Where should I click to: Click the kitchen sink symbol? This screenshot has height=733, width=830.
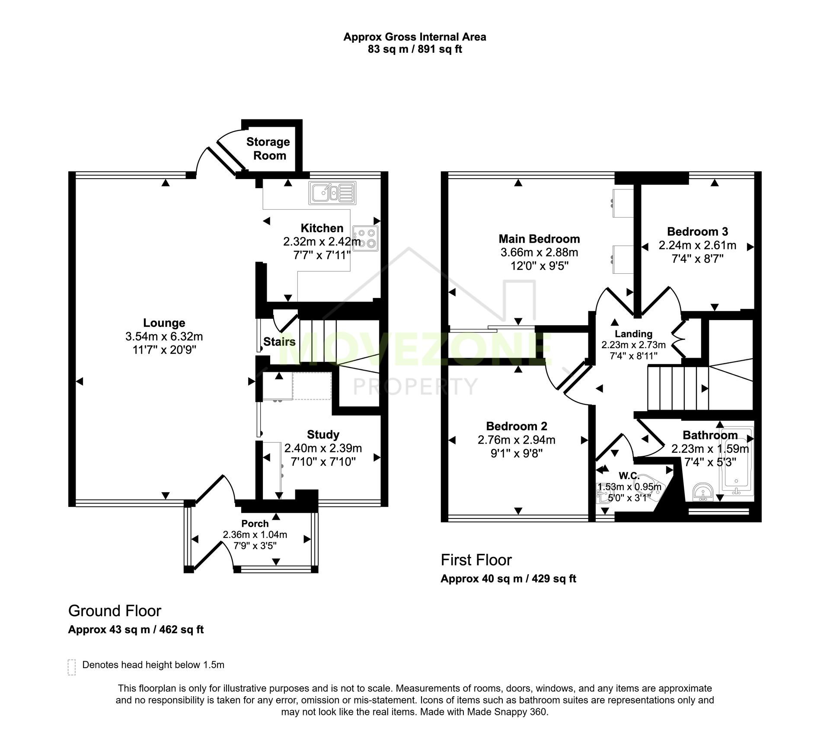[x=332, y=193]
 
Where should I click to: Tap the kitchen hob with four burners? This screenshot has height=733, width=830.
[x=366, y=238]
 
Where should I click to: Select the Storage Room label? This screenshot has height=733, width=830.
[x=268, y=148]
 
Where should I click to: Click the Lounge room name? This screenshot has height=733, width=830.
[x=164, y=323]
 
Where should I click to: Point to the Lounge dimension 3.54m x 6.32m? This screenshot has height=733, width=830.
[x=164, y=336]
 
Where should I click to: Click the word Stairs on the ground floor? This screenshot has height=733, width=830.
[x=279, y=342]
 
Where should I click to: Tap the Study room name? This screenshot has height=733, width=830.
[x=323, y=434]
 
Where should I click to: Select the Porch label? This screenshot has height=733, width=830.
[x=255, y=523]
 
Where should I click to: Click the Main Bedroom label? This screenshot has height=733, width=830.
[x=539, y=239]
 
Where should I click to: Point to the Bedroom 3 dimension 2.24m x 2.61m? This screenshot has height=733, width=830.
[x=697, y=245]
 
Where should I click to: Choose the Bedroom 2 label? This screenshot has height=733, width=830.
[x=517, y=426]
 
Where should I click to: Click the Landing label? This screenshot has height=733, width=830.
[x=633, y=334]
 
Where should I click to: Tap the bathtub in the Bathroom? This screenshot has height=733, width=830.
[x=736, y=462]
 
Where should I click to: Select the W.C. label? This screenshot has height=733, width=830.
[x=629, y=476]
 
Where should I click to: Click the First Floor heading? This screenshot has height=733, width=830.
[x=476, y=560]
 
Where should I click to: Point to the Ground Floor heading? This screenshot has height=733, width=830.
[x=115, y=611]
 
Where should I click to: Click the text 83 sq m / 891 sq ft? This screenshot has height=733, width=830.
[x=415, y=49]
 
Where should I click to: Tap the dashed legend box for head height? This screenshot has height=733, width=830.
[x=72, y=667]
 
